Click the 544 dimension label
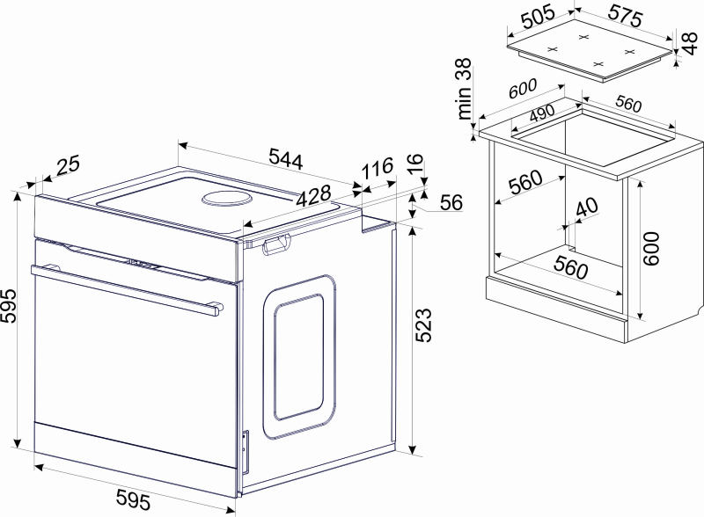point(286,158)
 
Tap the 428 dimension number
point(314,196)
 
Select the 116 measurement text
point(378,168)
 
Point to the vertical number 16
point(415,164)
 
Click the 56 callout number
point(451,202)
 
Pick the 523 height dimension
point(423,325)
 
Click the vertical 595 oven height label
point(9,306)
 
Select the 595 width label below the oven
point(134,499)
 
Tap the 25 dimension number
point(69,164)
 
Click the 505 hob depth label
point(538,17)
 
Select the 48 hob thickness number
point(690,42)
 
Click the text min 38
point(465,89)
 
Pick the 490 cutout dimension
point(542,113)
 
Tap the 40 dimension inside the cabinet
point(587,207)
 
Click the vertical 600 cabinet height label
point(651,248)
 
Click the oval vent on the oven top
point(225,199)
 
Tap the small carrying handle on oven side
point(276,245)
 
